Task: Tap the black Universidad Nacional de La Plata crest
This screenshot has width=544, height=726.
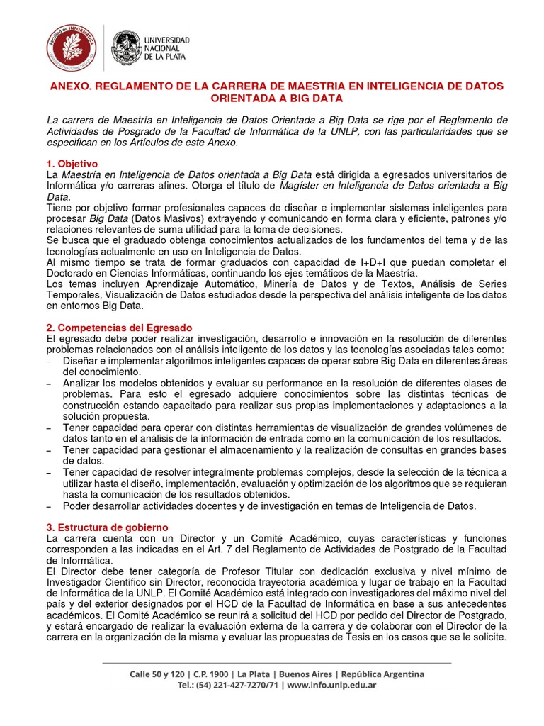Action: tap(127, 48)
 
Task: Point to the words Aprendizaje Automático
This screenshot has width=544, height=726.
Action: tap(170, 284)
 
